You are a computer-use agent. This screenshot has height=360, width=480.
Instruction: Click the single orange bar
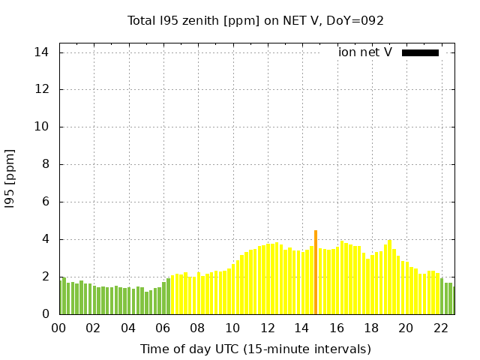[x=316, y=272]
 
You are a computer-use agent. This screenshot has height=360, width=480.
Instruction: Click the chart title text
[x=256, y=20]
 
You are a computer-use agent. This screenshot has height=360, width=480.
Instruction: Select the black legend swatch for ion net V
[x=420, y=52]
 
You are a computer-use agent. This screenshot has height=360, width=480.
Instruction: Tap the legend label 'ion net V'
[x=364, y=52]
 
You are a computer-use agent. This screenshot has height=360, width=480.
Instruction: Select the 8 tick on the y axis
[x=45, y=164]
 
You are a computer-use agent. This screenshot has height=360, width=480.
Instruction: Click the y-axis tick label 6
[x=45, y=202]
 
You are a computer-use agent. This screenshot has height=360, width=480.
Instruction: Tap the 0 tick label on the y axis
[x=45, y=314]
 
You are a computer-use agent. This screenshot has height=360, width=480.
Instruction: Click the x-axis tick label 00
[x=59, y=328]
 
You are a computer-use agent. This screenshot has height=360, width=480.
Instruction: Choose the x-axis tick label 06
[x=163, y=328]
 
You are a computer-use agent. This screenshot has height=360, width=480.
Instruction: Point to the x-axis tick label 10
[x=232, y=328]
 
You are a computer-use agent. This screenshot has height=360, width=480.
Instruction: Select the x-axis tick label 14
[x=302, y=328]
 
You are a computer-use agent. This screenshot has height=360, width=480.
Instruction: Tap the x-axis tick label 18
[x=371, y=328]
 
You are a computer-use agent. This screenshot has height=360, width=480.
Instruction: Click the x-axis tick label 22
[x=441, y=328]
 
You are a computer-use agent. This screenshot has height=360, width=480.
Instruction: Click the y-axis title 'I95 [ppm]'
[x=10, y=178]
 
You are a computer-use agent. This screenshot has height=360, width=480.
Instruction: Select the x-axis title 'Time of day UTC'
[x=256, y=349]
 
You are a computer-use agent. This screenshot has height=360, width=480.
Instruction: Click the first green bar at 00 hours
[x=60, y=296]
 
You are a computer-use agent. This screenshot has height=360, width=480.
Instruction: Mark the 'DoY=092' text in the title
[x=356, y=20]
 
